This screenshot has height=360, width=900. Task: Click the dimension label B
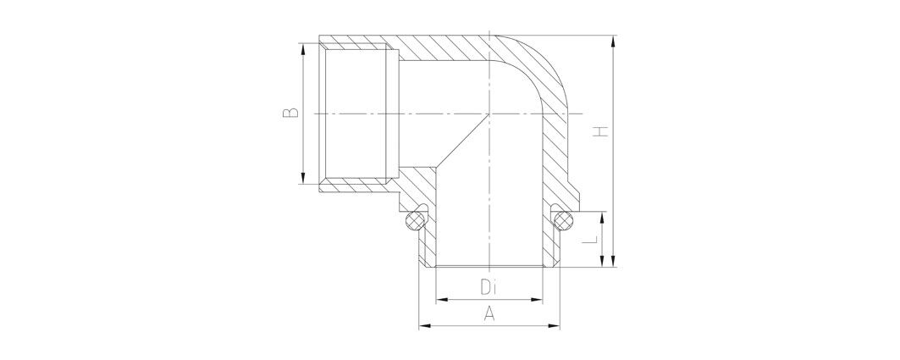coord(291,112)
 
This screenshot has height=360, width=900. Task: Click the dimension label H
coord(599,131)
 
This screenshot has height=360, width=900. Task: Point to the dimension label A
coord(489,313)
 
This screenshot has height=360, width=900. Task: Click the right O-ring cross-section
coord(563,220)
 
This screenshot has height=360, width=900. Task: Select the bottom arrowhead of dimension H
coord(614,260)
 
